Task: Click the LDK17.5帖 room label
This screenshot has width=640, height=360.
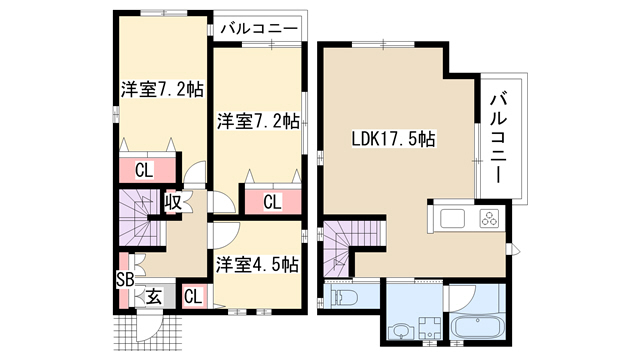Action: [393, 140]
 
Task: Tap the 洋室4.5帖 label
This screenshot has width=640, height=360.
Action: [257, 265]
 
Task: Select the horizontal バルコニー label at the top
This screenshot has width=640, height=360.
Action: [260, 29]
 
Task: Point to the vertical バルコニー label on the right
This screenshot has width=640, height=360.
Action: [498, 138]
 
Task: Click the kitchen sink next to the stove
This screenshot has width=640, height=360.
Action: [452, 218]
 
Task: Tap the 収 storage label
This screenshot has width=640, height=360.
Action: [173, 202]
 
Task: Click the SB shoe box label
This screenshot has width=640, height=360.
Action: [125, 280]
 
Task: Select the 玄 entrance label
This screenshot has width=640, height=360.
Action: [154, 297]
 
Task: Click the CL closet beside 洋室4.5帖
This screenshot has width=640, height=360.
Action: [193, 297]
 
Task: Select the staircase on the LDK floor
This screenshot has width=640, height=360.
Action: [350, 245]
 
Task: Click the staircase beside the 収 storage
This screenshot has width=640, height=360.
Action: [139, 218]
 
